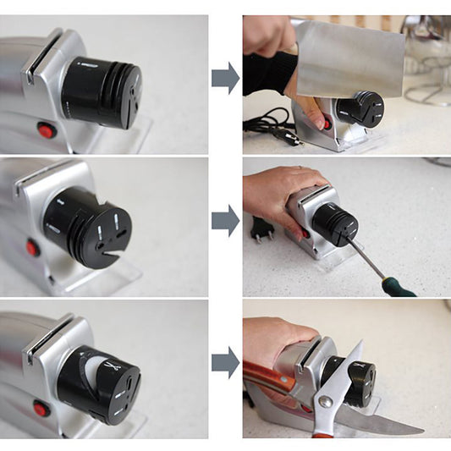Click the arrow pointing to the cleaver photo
coord(225,78)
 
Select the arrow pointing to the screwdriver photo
coord(225,221)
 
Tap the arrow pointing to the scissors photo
coord(225,362)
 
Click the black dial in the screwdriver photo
coord(335,223)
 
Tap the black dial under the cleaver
coord(360,109)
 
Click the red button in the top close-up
coord(47,130)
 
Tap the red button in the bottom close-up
coord(39,410)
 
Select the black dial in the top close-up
coord(102,91)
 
